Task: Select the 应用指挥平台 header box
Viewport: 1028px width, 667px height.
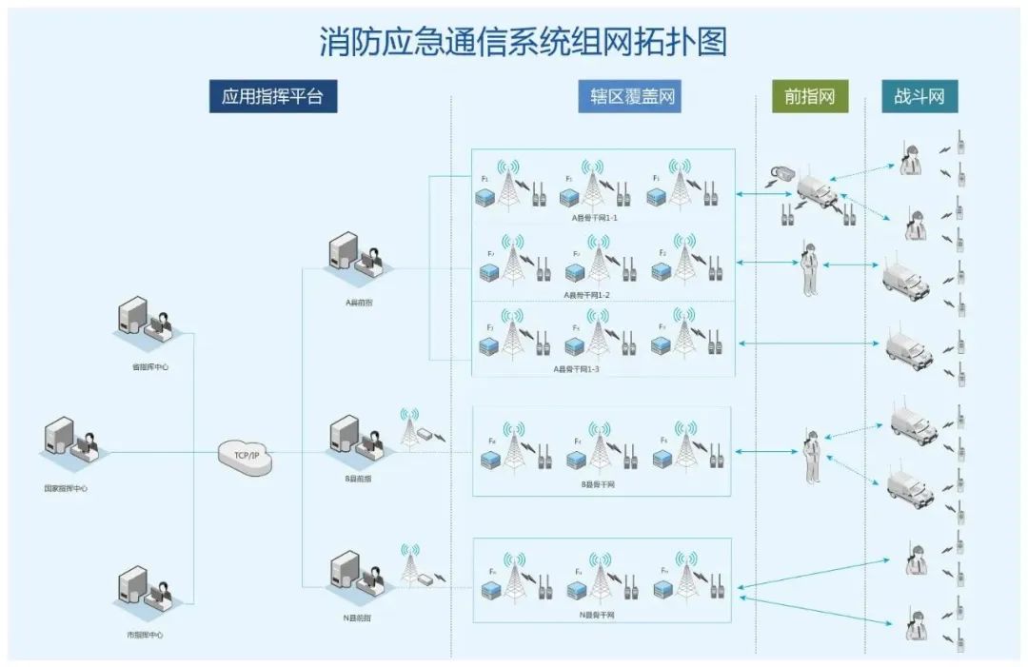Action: click(x=272, y=96)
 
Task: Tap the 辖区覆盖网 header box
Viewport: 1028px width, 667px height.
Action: click(x=629, y=96)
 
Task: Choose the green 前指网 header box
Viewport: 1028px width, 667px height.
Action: click(x=809, y=96)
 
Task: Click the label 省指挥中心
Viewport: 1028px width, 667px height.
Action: click(x=149, y=366)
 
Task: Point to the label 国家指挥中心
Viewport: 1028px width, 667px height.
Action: click(x=66, y=488)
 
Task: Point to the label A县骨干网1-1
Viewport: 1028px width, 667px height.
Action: click(x=595, y=217)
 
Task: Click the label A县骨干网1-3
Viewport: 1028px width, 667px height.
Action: click(x=576, y=368)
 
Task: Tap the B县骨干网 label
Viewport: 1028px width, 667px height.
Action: click(x=598, y=484)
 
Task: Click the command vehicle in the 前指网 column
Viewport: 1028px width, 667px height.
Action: click(x=817, y=188)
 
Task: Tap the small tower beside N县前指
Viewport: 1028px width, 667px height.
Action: click(x=410, y=567)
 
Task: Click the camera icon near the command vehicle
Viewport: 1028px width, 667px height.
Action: click(x=782, y=172)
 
